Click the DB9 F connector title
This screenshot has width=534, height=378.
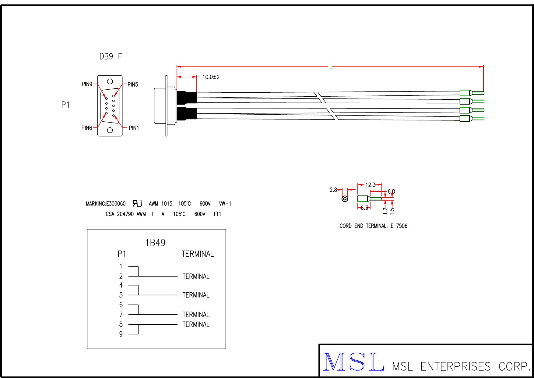[x=111, y=56]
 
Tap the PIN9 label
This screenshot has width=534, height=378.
[x=87, y=84]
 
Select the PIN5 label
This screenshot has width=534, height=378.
[x=133, y=84]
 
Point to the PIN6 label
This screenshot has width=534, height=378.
[x=86, y=128]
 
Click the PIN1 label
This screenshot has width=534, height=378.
[x=134, y=128]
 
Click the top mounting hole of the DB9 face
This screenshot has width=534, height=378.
[x=110, y=81]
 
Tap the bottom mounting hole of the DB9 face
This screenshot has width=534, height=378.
[x=110, y=130]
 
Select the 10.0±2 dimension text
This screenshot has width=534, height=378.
[x=211, y=77]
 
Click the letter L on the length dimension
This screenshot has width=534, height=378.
[x=331, y=67]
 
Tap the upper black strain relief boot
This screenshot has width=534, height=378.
[x=186, y=98]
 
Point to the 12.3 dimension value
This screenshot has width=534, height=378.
[x=371, y=185]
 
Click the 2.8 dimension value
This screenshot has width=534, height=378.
[x=333, y=190]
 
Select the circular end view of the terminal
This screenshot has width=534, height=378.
[x=345, y=199]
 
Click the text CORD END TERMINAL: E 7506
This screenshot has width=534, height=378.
[x=373, y=226]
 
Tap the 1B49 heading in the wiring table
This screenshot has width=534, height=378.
[x=155, y=243]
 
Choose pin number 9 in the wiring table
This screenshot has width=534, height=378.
[x=121, y=334]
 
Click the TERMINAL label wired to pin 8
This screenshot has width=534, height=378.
[x=196, y=324]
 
